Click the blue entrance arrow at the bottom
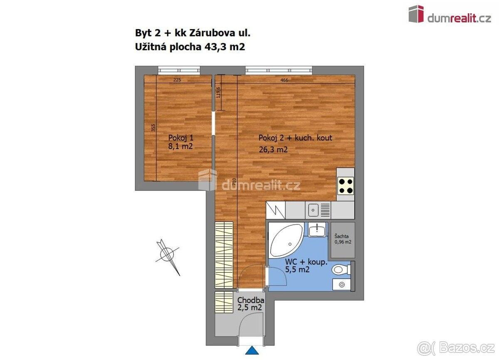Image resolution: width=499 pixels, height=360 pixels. click(252, 351)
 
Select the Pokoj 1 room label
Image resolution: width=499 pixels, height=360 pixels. click(181, 138)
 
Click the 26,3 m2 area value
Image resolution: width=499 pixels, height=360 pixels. click(273, 150)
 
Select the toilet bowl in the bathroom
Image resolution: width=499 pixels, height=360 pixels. click(341, 270)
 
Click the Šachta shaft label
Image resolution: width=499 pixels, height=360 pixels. click(341, 236)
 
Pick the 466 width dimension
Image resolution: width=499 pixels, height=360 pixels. click(284, 80)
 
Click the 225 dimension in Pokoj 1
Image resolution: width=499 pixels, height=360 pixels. click(177, 80)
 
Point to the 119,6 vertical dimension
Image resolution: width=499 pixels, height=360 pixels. click(218, 92)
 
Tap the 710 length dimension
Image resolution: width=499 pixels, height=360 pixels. click(234, 182)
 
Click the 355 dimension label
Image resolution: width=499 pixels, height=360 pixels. click(153, 128)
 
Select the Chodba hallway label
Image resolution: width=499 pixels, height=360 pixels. click(251, 300)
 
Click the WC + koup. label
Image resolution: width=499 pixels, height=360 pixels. click(306, 262)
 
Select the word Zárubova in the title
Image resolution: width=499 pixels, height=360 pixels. click(212, 33)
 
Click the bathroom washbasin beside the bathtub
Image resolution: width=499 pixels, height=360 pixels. click(317, 230)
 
